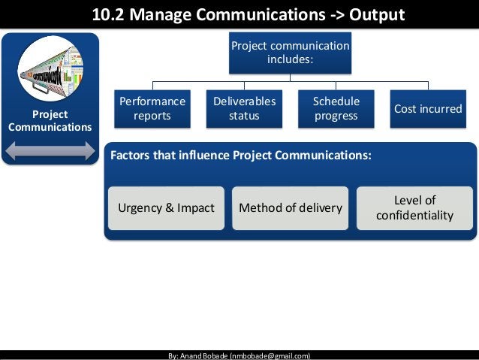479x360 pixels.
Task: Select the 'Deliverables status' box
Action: [x=244, y=109]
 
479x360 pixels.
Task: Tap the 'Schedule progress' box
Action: [x=336, y=109]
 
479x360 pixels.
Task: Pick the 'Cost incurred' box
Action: [x=428, y=109]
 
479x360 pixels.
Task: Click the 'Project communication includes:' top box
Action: [x=290, y=52]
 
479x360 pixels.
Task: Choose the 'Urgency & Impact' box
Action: [x=166, y=207]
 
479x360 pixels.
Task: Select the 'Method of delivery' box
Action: [x=290, y=207]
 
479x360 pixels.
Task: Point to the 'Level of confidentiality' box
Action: [x=414, y=207]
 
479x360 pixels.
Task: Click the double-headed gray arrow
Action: [x=51, y=150]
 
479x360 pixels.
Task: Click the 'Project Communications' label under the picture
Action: [x=50, y=120]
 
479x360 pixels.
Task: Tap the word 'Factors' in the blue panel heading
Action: [x=131, y=156]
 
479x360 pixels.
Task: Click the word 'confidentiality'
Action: [x=414, y=216]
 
